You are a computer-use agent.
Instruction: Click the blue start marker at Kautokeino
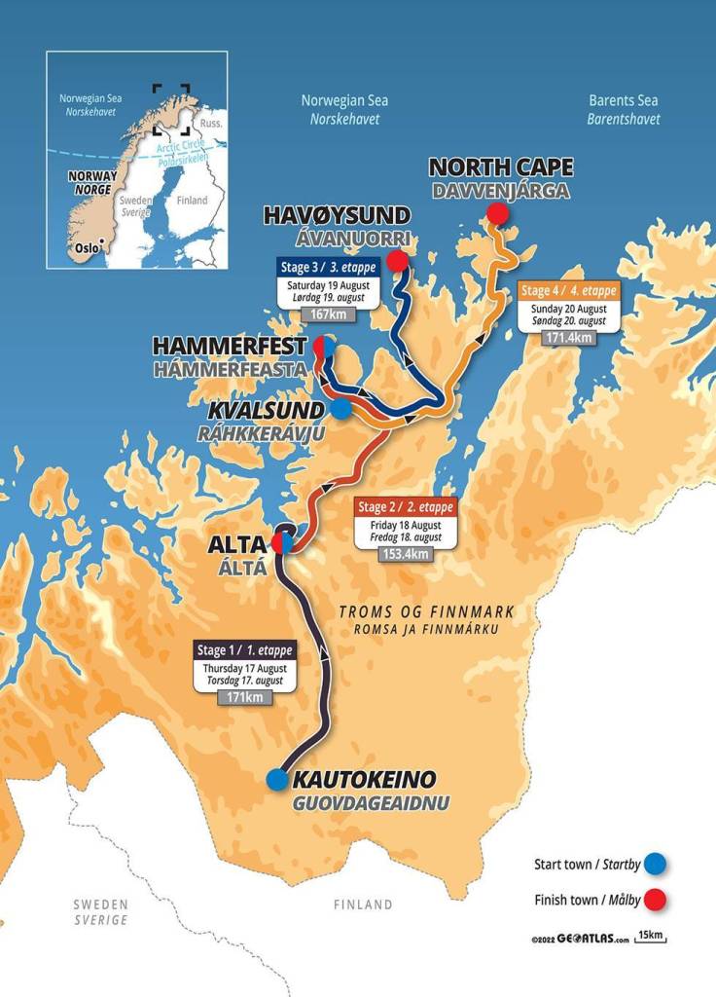pyautogui.click(x=277, y=779)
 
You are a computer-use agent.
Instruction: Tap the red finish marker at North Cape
pyautogui.click(x=498, y=213)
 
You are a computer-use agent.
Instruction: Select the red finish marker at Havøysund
pyautogui.click(x=396, y=261)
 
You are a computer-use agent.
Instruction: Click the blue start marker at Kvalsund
pyautogui.click(x=340, y=409)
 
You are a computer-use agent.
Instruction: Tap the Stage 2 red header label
pyautogui.click(x=406, y=507)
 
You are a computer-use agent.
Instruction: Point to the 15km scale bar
pyautogui.click(x=651, y=937)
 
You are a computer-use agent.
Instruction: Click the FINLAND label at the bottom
pyautogui.click(x=363, y=905)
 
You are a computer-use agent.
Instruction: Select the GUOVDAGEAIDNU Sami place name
pyautogui.click(x=362, y=804)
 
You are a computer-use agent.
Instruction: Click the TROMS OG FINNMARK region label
pyautogui.click(x=425, y=611)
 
